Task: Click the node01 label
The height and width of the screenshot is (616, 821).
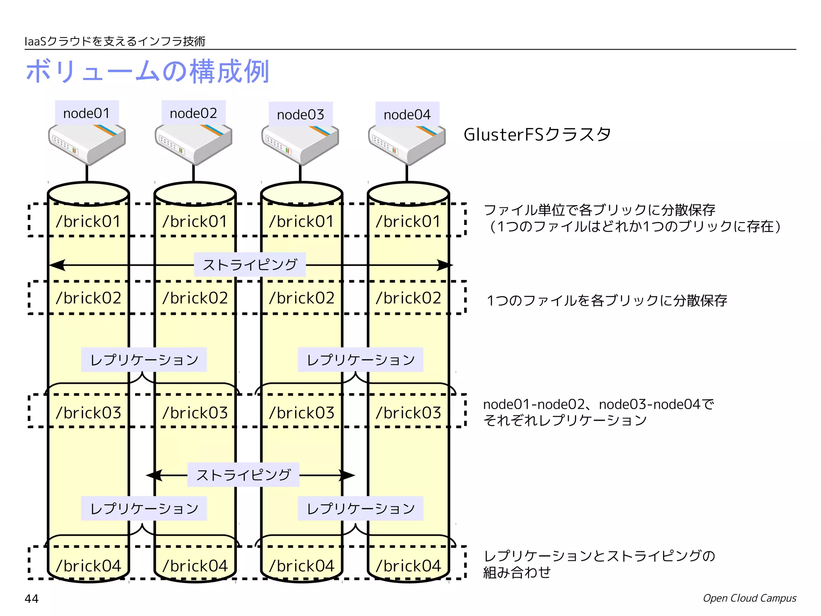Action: [87, 113]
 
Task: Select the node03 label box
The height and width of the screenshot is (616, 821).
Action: [301, 114]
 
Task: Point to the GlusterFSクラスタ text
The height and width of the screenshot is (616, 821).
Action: [537, 134]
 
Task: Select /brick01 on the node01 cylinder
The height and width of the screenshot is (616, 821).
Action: [88, 221]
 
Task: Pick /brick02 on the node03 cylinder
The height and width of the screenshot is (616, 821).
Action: [301, 298]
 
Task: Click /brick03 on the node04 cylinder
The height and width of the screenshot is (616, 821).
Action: [408, 413]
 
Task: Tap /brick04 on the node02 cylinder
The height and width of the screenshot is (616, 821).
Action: [195, 566]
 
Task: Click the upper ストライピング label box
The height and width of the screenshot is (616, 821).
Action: [250, 265]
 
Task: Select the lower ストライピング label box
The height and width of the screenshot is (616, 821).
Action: [243, 475]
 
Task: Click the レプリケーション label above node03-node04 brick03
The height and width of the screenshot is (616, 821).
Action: [360, 360]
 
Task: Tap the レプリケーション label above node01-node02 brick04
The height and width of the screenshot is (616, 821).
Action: [144, 509]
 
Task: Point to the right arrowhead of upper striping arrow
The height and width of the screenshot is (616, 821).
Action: [445, 265]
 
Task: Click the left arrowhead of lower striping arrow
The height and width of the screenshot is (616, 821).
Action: [154, 476]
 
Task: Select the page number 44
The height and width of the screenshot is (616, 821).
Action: [32, 599]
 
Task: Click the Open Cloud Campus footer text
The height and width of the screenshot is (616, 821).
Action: [749, 598]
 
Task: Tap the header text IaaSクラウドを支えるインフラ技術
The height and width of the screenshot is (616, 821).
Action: [115, 41]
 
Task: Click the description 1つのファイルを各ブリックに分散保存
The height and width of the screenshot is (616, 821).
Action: [607, 300]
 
